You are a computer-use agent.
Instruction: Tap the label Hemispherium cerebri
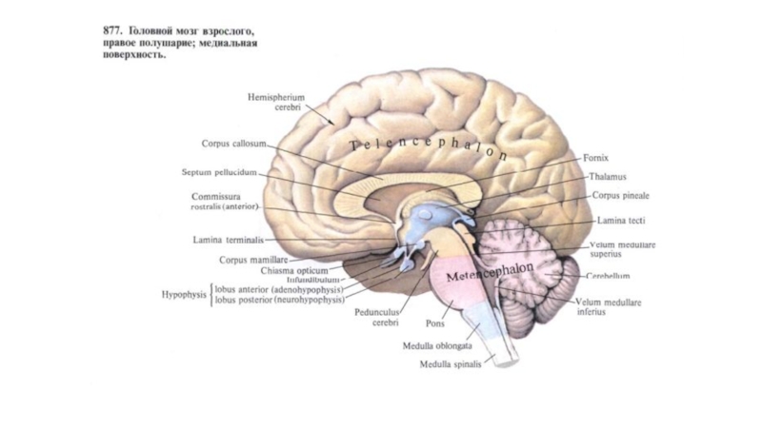pos(274,102)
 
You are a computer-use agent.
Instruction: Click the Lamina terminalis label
pos(229,241)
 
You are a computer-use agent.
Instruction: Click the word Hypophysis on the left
pos(182,294)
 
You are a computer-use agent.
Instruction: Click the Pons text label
pos(435,322)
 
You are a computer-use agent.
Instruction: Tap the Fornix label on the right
pos(596,158)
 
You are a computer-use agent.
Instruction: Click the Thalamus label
pos(607,177)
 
